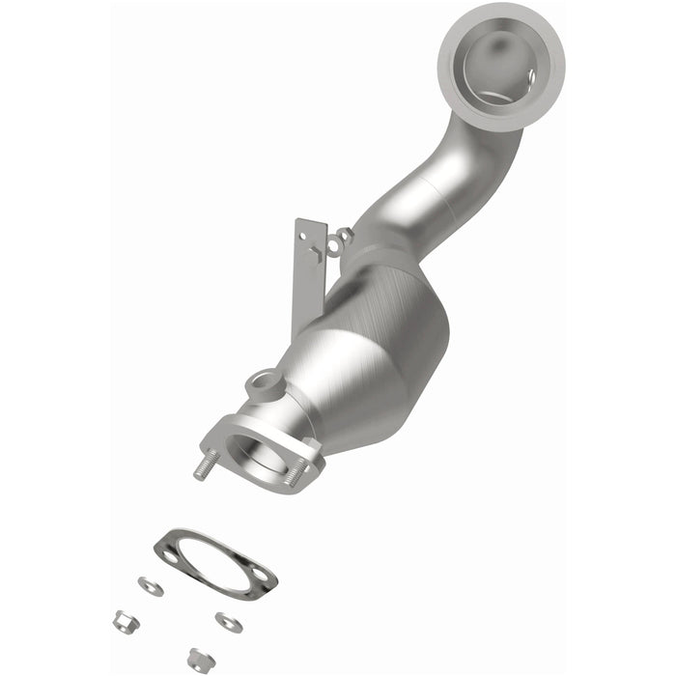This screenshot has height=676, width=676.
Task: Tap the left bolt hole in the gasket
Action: click(x=170, y=555)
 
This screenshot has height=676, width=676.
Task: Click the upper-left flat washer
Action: click(x=150, y=585)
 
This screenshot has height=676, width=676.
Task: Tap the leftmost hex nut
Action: click(x=122, y=622)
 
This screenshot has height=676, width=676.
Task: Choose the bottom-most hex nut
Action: click(x=201, y=659)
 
